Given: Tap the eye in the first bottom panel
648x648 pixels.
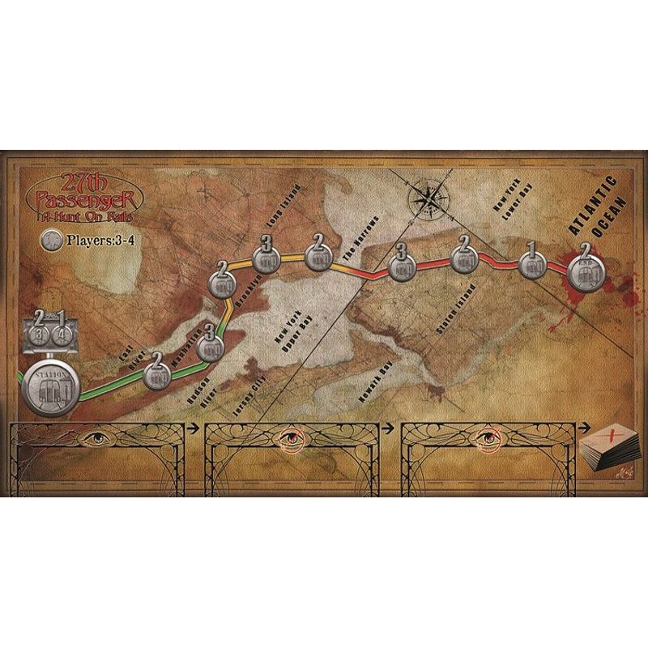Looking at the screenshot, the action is [x=96, y=440].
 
